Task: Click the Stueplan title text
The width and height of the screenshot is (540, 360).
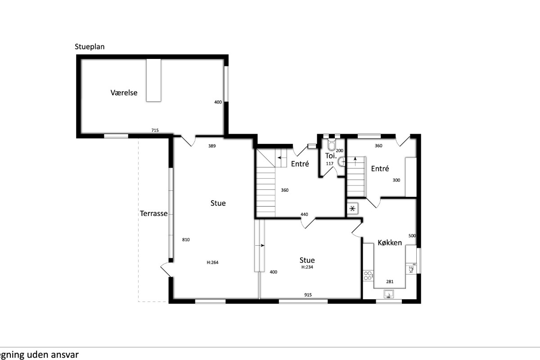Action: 90,47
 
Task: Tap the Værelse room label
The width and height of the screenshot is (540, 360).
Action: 124,93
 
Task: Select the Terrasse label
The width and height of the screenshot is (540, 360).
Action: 153,213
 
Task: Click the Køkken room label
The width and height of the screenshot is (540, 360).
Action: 390,243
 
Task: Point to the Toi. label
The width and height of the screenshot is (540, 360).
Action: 331,156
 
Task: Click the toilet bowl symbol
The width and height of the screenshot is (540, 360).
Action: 332,145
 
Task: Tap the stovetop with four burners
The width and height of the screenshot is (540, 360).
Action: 368,275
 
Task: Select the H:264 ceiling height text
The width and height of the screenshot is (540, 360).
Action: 212,262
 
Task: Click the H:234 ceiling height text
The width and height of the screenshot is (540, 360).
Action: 307,267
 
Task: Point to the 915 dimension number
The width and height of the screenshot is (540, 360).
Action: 308,295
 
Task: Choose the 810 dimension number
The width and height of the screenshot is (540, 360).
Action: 186,240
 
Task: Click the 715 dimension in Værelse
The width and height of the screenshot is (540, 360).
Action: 155,130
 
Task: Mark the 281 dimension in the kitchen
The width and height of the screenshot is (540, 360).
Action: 390,281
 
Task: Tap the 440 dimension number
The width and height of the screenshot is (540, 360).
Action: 304,214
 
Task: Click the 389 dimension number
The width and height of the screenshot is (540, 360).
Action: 212,146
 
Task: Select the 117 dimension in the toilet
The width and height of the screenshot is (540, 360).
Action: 329,164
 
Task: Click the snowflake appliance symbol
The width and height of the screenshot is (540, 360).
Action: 352,208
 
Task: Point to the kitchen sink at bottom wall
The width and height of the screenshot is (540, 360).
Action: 389,294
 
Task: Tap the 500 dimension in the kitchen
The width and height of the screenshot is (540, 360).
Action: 412,236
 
